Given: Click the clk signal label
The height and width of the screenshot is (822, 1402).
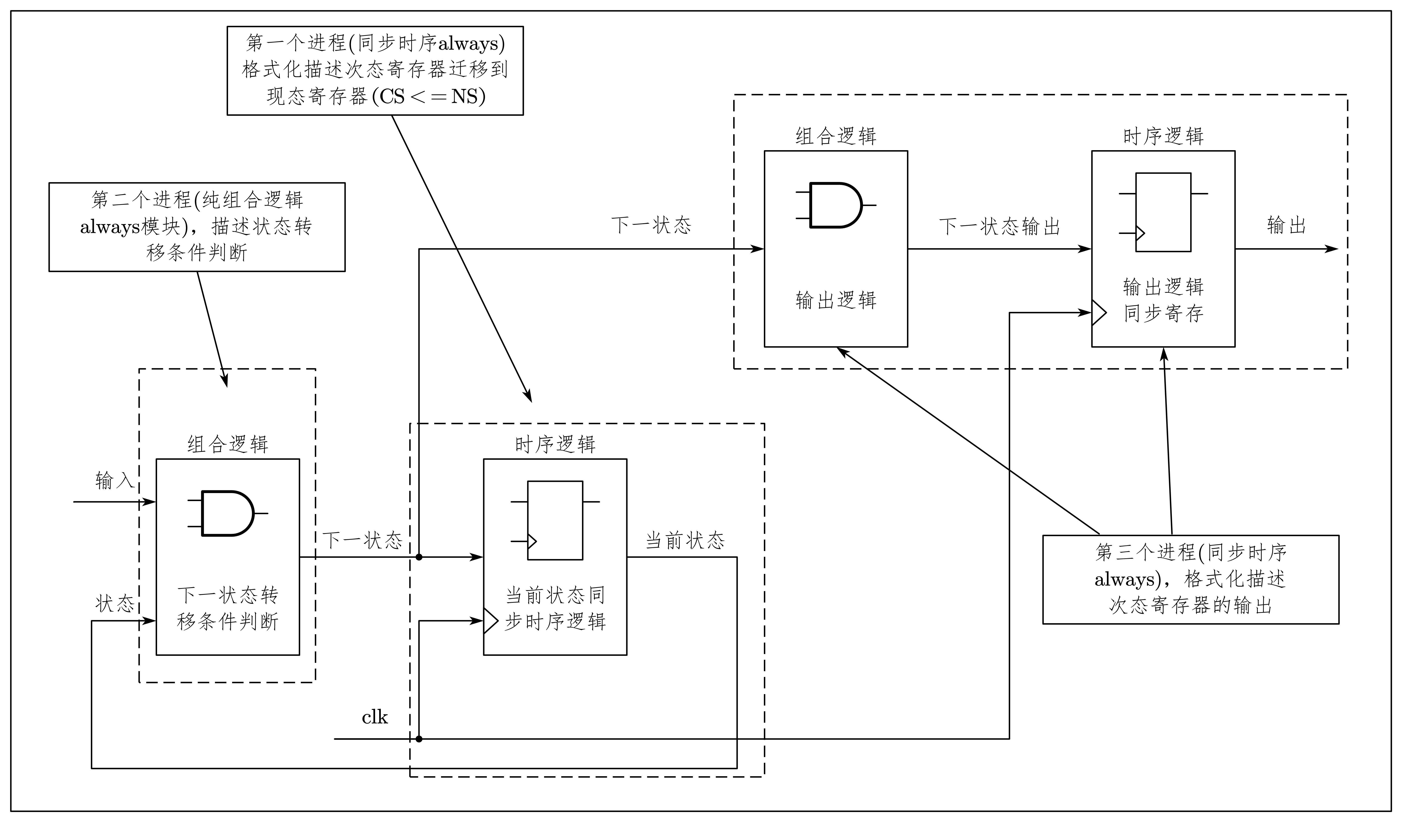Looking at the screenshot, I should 374,717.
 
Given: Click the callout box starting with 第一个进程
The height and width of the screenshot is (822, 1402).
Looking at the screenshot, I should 375,71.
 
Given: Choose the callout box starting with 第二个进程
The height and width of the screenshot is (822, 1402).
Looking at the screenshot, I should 197,227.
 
